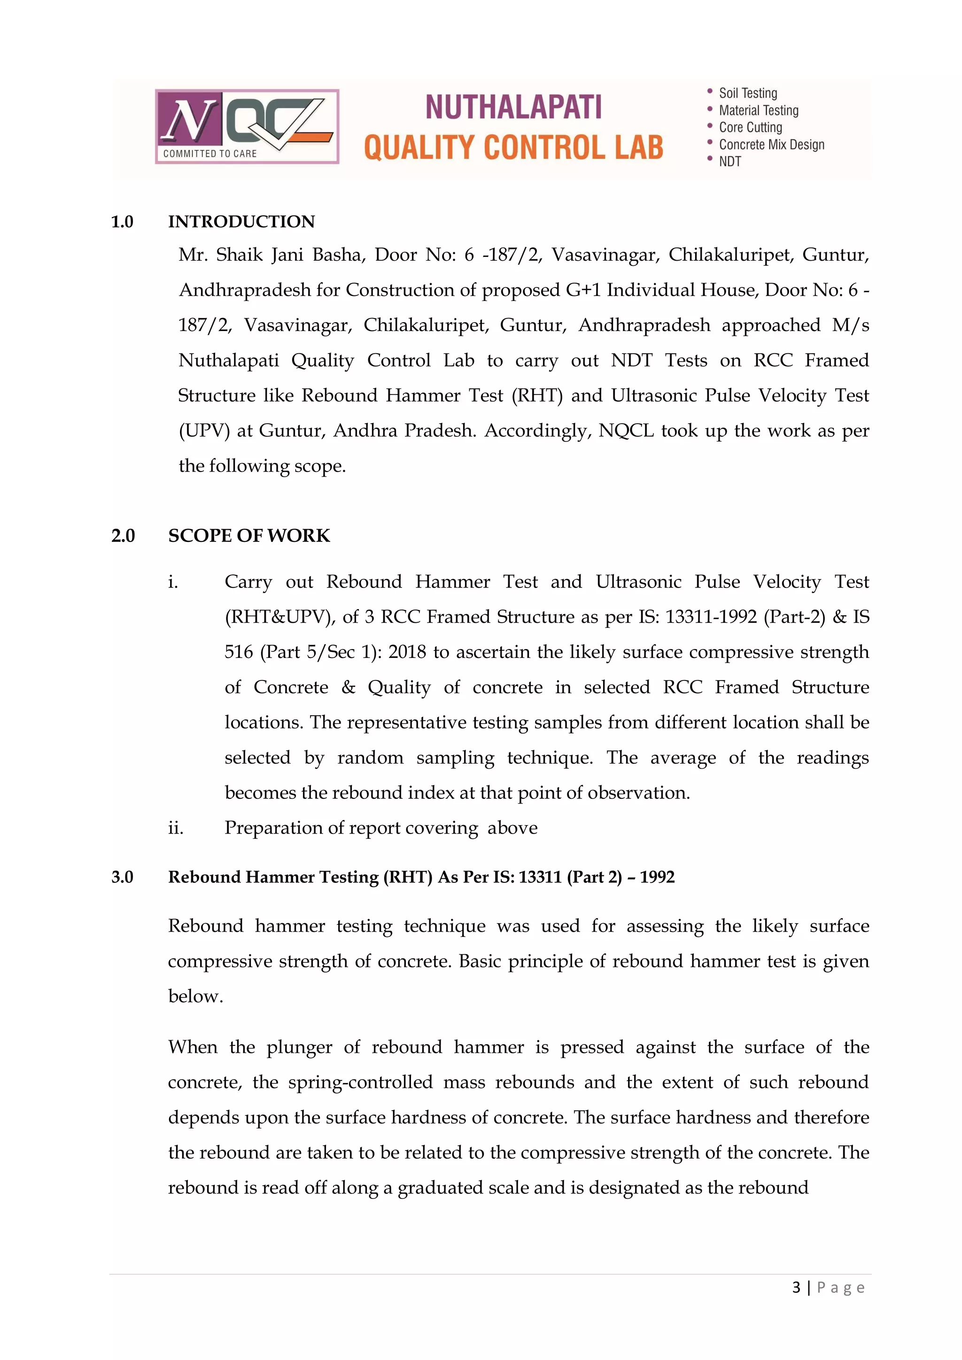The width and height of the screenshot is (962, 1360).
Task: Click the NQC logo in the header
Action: [247, 126]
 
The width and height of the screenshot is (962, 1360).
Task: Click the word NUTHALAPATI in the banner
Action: [513, 107]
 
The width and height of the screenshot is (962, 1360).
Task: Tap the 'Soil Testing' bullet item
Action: [747, 93]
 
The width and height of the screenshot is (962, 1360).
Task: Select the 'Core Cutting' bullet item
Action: [750, 127]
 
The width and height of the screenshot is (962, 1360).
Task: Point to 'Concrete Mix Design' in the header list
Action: [771, 145]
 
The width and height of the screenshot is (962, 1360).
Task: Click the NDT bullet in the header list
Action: [730, 162]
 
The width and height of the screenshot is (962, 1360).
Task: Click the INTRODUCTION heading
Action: [241, 222]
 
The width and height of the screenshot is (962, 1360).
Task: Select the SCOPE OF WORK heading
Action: [249, 535]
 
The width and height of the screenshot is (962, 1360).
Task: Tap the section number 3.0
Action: [122, 877]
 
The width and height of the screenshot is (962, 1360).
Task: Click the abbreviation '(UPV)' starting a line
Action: [203, 431]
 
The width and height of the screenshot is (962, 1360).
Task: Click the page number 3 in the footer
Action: [796, 1287]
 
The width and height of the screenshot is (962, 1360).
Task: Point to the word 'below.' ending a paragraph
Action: [195, 997]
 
